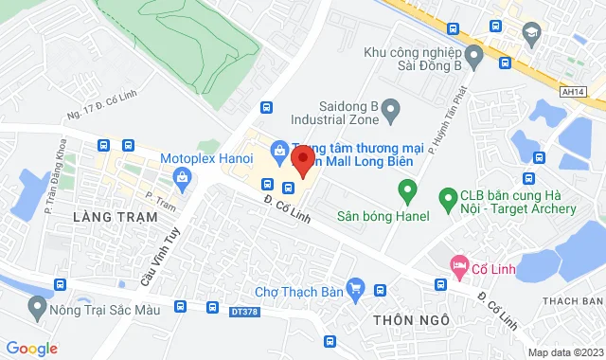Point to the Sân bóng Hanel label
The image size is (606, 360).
point(383,216)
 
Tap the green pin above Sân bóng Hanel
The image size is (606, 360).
point(407,193)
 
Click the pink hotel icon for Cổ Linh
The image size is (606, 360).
point(459,265)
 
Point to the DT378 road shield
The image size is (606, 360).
point(243,310)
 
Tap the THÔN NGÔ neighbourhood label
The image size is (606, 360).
point(410,319)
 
